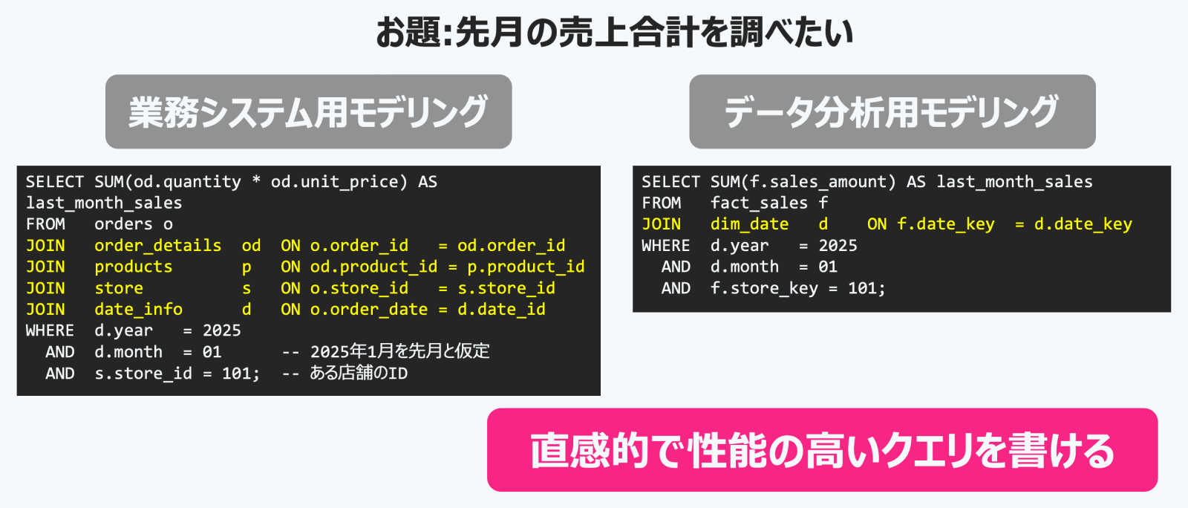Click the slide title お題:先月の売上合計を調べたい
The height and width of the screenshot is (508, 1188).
click(615, 33)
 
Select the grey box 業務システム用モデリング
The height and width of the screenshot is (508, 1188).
click(309, 111)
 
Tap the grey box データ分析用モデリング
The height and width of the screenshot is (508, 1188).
click(892, 111)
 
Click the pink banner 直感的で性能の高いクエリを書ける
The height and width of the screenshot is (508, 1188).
click(822, 449)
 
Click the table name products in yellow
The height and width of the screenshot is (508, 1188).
click(133, 267)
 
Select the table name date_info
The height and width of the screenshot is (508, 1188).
click(138, 309)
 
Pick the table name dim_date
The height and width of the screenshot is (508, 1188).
click(749, 224)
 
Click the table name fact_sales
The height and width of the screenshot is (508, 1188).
click(759, 203)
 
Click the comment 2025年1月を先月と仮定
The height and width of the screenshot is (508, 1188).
click(400, 351)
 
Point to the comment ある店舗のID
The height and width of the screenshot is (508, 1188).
click(359, 374)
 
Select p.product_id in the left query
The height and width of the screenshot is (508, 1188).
click(526, 267)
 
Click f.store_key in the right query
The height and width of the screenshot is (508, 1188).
click(764, 288)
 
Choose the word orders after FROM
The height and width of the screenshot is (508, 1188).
click(123, 224)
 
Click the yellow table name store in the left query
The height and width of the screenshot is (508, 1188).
click(119, 288)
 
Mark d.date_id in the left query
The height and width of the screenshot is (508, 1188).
click(501, 309)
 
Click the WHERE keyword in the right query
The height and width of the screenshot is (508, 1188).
click(665, 246)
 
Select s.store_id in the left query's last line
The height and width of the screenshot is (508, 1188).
click(143, 374)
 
